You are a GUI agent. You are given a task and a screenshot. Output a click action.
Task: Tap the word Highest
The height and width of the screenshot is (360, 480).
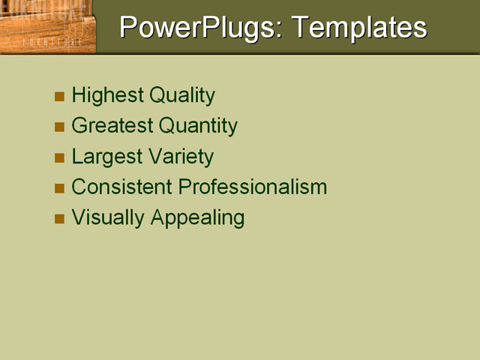coord(107,95)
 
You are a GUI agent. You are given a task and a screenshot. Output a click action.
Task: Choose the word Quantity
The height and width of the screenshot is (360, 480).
coord(196,126)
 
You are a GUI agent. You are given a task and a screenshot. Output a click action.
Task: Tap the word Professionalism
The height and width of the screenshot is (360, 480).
coord(263,187)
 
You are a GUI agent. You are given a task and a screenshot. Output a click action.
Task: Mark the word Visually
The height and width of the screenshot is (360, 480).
coord(108,217)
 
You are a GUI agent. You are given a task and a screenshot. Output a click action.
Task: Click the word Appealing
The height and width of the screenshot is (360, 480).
coord(197,217)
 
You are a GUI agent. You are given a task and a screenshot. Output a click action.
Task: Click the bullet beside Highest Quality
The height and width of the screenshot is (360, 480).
coord(60,97)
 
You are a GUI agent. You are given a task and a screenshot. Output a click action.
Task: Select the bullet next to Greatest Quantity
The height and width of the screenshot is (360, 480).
coord(60,127)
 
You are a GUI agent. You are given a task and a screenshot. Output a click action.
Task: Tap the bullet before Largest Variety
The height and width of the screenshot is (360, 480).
coord(60,158)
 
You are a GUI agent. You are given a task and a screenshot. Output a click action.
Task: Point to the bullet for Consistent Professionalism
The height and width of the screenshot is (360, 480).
coord(60,188)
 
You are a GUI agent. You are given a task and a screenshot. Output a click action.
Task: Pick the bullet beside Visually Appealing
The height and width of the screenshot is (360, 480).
coord(60,219)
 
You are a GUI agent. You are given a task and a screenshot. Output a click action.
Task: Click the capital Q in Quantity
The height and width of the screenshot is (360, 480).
coord(160,126)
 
